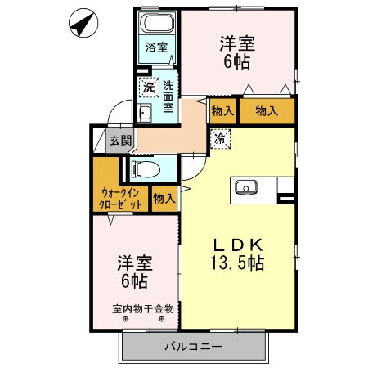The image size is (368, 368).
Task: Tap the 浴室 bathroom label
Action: click(157, 47)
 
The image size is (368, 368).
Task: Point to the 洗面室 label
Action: click(168, 96)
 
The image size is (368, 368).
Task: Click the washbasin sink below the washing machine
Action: click(146, 114)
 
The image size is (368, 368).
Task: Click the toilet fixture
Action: click(146, 170)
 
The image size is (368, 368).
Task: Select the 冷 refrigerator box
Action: click(221, 140)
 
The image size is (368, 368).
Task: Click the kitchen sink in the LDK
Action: click(246, 189)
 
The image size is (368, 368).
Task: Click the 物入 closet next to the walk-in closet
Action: click(164, 197)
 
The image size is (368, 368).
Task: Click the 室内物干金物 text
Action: click(143, 309)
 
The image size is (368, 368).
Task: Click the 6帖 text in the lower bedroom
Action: click(136, 282)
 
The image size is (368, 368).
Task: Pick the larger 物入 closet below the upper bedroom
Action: click(266, 110)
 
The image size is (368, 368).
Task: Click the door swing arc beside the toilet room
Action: click(191, 168)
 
